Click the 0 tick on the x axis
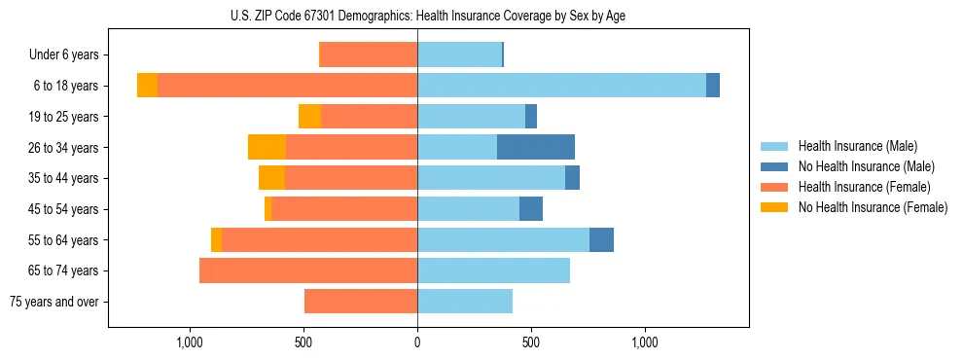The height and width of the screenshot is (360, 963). pyautogui.click(x=417, y=342)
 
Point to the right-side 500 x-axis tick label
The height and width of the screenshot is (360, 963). pyautogui.click(x=531, y=342)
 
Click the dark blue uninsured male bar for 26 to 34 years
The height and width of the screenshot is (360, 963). pyautogui.click(x=536, y=147)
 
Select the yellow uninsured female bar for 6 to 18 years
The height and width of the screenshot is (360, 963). pyautogui.click(x=147, y=86)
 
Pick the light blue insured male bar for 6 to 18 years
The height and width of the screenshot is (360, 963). pyautogui.click(x=561, y=86)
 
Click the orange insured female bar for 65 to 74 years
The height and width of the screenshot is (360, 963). pyautogui.click(x=308, y=270)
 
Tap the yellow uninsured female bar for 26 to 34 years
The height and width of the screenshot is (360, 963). pyautogui.click(x=267, y=147)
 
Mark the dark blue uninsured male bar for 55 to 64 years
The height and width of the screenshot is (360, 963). pyautogui.click(x=601, y=239)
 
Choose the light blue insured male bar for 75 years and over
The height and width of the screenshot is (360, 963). pyautogui.click(x=465, y=302)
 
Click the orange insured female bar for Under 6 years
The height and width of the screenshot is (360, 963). pyautogui.click(x=368, y=55)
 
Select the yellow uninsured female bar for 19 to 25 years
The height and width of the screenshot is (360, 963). pyautogui.click(x=309, y=117)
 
